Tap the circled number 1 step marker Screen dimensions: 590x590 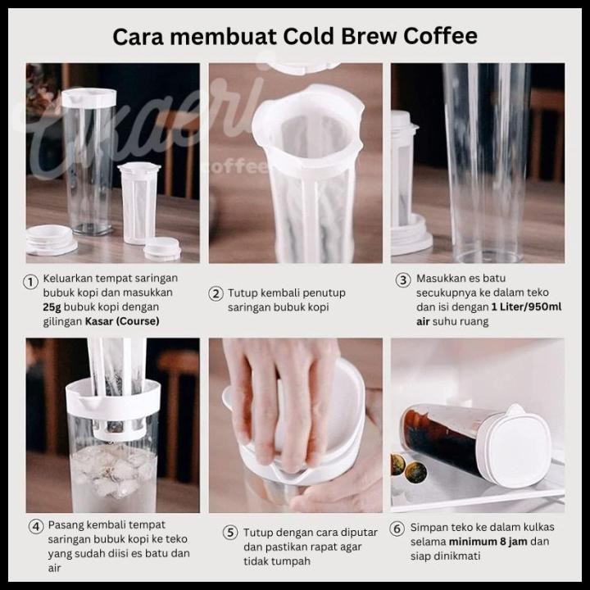coord(30,282)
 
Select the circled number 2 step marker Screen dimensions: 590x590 coord(216,293)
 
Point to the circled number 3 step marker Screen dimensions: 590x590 coord(403,280)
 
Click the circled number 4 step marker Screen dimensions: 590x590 coord(36,525)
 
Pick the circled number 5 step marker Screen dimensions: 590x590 coord(230,533)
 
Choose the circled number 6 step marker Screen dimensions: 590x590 coord(397,529)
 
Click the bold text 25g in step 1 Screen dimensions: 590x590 coord(52,307)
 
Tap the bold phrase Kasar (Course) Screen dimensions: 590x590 coord(122,321)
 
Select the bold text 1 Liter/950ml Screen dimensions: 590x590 coord(526,307)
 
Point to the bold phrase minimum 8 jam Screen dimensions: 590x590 coord(488,542)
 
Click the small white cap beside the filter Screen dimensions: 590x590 coord(162,248)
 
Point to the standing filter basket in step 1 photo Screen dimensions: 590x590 coord(138,203)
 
